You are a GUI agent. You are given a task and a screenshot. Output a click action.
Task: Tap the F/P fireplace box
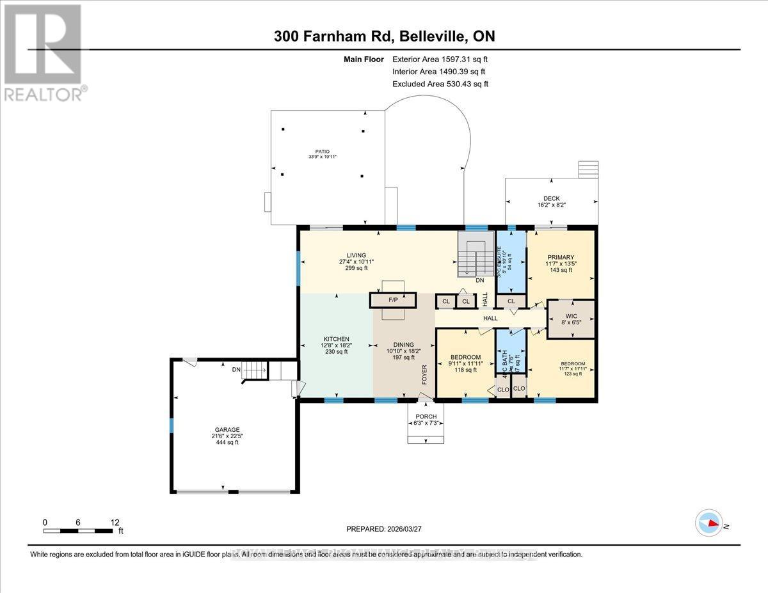tap(393, 300)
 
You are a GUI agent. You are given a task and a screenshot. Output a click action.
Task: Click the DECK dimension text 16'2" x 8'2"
tap(551, 205)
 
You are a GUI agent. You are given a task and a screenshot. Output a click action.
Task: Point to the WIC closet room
tap(571, 317)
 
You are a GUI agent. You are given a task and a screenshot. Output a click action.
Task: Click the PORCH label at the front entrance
tap(426, 416)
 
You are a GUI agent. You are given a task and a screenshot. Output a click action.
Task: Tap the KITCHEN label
tap(336, 338)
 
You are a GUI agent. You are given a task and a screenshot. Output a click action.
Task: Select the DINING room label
tap(404, 344)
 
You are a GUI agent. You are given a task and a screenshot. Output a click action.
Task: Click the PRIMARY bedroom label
tap(561, 257)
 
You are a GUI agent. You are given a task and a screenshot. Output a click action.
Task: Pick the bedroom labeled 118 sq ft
tap(465, 362)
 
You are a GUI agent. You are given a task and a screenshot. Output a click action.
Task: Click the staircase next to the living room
tap(472, 255)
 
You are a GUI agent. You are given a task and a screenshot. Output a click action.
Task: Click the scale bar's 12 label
tap(115, 522)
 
